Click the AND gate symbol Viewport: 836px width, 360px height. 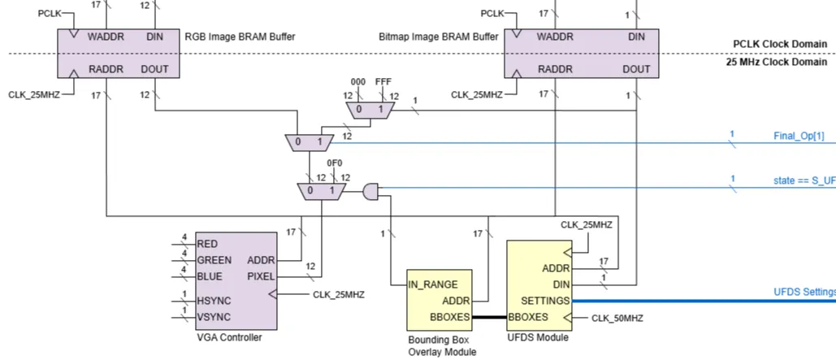click(370, 191)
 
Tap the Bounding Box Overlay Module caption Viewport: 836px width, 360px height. click(441, 345)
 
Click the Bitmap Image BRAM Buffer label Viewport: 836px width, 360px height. click(439, 37)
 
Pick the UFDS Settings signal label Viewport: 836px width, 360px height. click(804, 292)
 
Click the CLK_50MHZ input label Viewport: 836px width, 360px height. click(617, 318)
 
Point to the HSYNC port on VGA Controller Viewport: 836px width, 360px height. click(214, 300)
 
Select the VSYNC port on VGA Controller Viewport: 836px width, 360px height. click(214, 316)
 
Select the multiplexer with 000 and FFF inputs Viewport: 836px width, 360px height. click(367, 109)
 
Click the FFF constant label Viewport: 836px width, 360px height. click(383, 83)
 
